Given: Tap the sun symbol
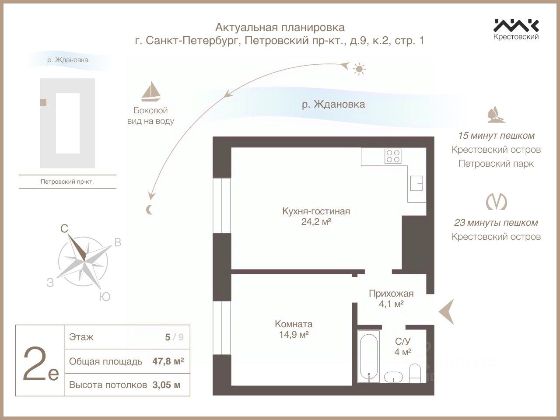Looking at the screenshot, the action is coord(360,69).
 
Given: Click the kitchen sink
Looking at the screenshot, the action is coord(416,183).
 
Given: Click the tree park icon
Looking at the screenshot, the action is coord(496,114).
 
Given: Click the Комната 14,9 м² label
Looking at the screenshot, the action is coord(293,329).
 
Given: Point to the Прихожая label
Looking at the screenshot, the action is coord(391,294).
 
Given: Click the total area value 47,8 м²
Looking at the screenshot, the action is coord(168,361).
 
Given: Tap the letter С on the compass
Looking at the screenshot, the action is coord(64,228).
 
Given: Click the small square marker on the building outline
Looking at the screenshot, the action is coord(43,102).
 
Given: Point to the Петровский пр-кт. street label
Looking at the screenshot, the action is coord(67,181).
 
